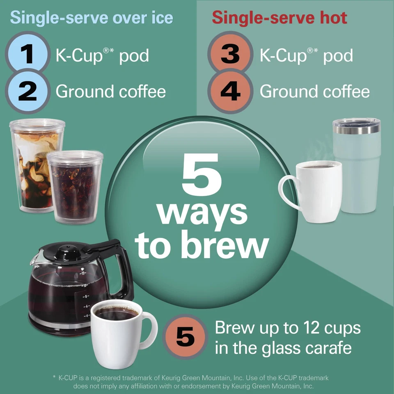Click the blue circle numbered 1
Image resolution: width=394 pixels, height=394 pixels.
point(27,55)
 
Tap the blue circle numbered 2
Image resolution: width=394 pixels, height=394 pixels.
point(27,91)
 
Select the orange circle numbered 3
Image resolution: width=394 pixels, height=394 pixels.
point(230,55)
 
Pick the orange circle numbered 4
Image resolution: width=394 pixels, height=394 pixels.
point(230,91)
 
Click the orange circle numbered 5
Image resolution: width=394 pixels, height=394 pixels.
point(186,337)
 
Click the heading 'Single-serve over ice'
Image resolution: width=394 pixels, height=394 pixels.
point(91,18)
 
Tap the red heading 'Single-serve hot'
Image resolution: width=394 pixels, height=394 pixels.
point(279,18)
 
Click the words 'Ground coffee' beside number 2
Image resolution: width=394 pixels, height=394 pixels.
point(111,91)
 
